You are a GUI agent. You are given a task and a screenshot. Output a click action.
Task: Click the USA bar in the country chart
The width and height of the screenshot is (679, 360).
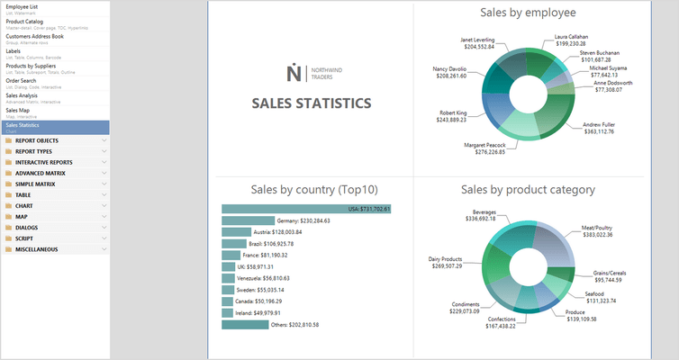[306, 209]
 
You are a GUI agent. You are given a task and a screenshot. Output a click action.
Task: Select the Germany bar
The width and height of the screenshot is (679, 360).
[247, 220]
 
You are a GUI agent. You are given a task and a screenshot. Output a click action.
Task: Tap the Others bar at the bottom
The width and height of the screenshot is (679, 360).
[244, 324]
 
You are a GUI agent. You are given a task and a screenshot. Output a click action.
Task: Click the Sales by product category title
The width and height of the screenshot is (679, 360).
[527, 190]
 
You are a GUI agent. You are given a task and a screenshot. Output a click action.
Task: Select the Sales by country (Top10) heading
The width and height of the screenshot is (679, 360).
[308, 190]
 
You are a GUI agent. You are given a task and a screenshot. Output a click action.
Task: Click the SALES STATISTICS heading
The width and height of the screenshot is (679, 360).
[312, 103]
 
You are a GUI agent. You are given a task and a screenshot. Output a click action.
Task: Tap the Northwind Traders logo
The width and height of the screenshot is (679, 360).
[312, 73]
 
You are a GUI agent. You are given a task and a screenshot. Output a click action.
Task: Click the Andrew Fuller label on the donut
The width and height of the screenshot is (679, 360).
[598, 128]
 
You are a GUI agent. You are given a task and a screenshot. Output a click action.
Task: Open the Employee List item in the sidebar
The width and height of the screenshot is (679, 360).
[23, 6]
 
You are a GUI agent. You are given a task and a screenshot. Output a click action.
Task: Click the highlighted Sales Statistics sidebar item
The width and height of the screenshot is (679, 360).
[25, 125]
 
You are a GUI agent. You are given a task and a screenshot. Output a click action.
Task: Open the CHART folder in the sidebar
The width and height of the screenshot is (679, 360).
[24, 205]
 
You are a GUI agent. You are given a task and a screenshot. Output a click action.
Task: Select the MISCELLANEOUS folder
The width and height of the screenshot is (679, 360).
[37, 248]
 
